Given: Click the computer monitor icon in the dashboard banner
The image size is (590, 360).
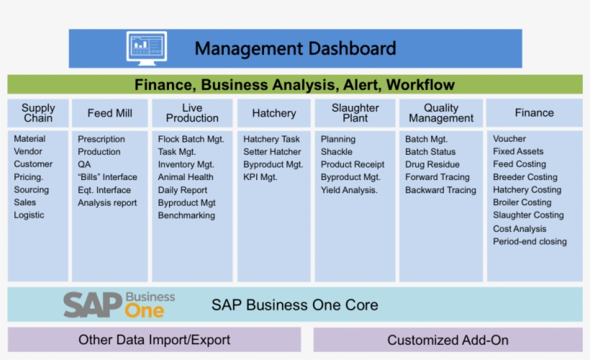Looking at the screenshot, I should pyautogui.click(x=147, y=48).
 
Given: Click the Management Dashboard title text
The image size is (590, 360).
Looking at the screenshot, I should pyautogui.click(x=295, y=49).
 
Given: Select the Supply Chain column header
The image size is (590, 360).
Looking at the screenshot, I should pyautogui.click(x=38, y=113).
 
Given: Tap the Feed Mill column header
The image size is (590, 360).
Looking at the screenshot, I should pyautogui.click(x=110, y=113).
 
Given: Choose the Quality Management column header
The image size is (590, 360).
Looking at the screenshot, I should pyautogui.click(x=441, y=113).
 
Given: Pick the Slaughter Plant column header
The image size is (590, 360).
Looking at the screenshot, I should pyautogui.click(x=355, y=113).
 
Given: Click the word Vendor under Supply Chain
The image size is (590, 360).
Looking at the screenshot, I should pyautogui.click(x=28, y=151).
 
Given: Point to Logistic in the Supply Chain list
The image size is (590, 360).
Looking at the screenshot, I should pyautogui.click(x=29, y=215).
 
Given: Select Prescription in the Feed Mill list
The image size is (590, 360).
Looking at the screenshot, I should pyautogui.click(x=101, y=139).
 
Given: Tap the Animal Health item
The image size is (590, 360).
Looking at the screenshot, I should pyautogui.click(x=186, y=177).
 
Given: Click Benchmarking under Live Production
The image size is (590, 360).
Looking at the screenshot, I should pyautogui.click(x=186, y=215).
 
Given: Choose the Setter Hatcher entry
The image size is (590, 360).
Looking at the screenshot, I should pyautogui.click(x=272, y=152).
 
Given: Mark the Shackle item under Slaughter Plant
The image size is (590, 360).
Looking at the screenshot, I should pyautogui.click(x=337, y=152).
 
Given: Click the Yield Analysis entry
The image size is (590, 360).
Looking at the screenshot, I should pyautogui.click(x=349, y=190).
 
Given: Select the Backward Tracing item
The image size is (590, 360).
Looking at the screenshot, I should pyautogui.click(x=440, y=190).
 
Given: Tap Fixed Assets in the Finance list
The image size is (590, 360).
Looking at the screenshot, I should pyautogui.click(x=518, y=151).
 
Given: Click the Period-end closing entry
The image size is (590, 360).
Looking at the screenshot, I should pyautogui.click(x=530, y=241).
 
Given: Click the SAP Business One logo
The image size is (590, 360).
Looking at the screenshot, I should pyautogui.click(x=119, y=305).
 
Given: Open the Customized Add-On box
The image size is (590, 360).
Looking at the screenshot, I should pyautogui.click(x=448, y=340).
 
